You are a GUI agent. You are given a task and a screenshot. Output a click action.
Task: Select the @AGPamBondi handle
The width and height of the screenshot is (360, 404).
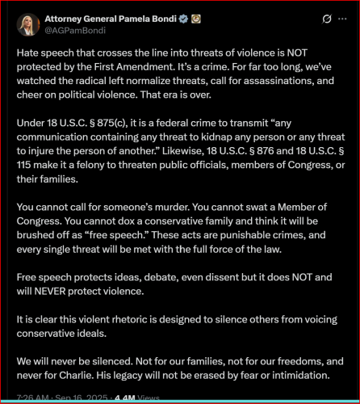point(74,30)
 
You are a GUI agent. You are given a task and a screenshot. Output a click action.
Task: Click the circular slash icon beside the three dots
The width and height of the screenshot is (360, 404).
point(325,19)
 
